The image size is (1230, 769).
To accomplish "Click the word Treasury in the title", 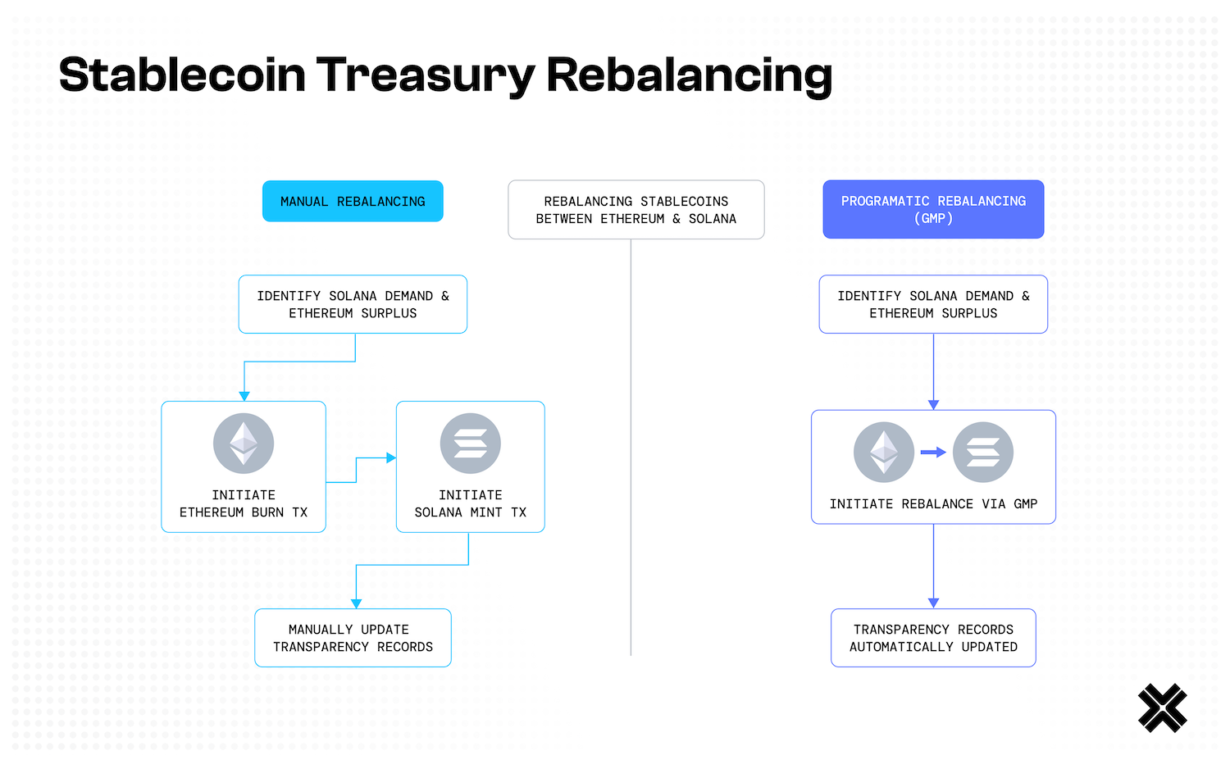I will pos(425,75).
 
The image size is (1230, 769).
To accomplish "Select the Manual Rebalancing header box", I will pos(353,201).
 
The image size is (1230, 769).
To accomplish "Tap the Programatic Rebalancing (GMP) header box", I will pos(933,209).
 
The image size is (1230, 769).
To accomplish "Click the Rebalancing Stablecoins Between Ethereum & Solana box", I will pos(635,210).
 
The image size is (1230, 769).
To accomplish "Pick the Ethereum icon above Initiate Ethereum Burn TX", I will pos(244,443).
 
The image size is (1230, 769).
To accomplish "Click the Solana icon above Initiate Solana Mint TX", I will pos(470,443).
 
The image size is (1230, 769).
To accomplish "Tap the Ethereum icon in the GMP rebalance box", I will pos(883,452).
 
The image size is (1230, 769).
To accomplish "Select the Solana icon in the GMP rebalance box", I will pos(982,452).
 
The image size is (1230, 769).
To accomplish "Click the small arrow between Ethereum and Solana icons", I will pos(933,452).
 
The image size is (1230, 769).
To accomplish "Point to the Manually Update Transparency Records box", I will pos(353,638).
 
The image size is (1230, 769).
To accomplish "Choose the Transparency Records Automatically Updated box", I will pos(933,638).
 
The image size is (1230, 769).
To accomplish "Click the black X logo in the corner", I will pos(1162,708).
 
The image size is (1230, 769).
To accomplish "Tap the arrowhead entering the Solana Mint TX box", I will pos(391,457).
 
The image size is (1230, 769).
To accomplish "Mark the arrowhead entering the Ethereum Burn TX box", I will pos(244,396).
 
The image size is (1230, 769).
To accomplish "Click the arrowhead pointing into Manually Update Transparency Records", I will pos(356,603).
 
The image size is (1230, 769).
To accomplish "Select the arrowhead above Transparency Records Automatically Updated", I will pos(933,603).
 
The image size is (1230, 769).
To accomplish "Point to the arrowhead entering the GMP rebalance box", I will pos(933,405).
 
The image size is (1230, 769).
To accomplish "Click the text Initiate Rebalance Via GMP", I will pos(933,504).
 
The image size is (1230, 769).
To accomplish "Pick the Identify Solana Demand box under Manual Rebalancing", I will pos(353,304).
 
